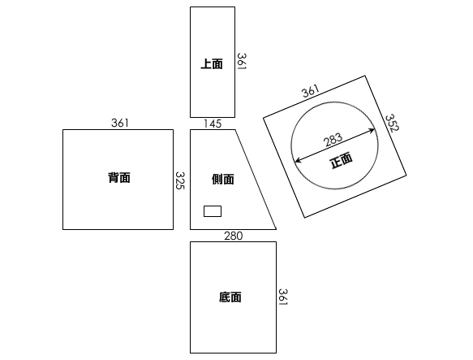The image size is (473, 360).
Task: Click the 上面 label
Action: [x=212, y=64]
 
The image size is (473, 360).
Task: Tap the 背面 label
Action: [x=119, y=178]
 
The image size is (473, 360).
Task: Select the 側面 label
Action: [x=223, y=180]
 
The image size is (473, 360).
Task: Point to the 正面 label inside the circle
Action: [x=342, y=161]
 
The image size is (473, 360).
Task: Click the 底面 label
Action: [x=230, y=297]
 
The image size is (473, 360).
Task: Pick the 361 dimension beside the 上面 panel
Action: [x=241, y=62]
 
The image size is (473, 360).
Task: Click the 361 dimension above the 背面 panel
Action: [x=120, y=123]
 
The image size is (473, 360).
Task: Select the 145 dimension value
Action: [x=213, y=124]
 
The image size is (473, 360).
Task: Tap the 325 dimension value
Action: [x=180, y=180]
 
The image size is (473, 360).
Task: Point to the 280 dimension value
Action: [x=233, y=236]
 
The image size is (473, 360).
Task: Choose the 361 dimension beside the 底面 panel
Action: [x=282, y=297]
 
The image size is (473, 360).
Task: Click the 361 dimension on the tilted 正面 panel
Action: [x=311, y=91]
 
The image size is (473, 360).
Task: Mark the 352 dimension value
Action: [x=392, y=123]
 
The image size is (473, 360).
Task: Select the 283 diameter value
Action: [x=333, y=140]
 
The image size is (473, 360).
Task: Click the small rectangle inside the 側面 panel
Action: [x=213, y=211]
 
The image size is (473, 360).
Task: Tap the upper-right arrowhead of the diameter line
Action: [x=372, y=131]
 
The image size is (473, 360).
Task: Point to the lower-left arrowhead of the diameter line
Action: [x=297, y=160]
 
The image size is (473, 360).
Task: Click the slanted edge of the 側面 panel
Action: [x=256, y=180]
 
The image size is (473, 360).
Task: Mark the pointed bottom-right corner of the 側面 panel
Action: [x=276, y=229]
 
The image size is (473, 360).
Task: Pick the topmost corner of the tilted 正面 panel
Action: [x=365, y=76]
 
